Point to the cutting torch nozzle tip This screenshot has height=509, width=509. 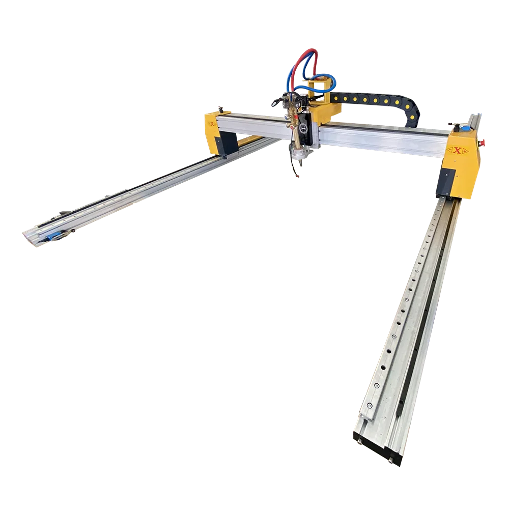pyautogui.click(x=297, y=176)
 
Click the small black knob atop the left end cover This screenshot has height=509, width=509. pyautogui.click(x=220, y=108)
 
